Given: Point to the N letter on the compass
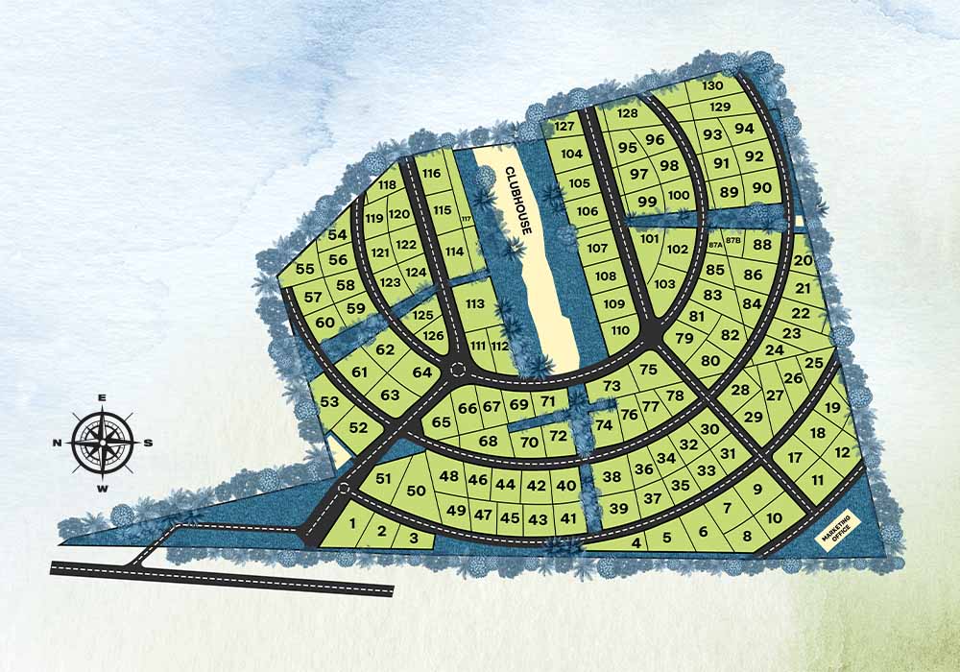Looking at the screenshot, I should click(58, 443).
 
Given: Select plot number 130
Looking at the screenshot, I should click(711, 85).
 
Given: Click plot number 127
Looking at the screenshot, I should click(564, 127).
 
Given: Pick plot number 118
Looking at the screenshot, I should click(388, 185).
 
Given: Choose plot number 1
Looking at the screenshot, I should click(352, 523).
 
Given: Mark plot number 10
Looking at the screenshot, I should click(775, 519).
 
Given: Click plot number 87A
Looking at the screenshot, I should click(715, 245).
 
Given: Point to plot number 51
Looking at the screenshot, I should click(383, 479).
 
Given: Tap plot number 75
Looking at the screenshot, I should click(648, 370).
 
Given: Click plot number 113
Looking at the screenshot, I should click(475, 303).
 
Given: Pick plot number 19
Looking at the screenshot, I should click(832, 408).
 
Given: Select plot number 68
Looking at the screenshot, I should click(488, 441).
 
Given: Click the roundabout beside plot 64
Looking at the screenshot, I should click(458, 371).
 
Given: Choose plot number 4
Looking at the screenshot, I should click(636, 543).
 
